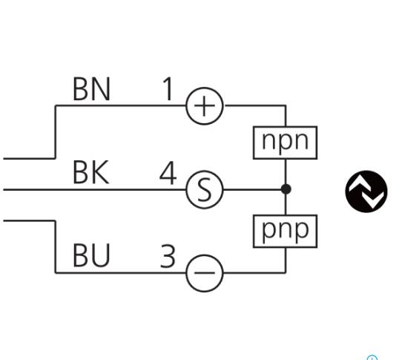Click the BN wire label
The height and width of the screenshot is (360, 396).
coord(91,89)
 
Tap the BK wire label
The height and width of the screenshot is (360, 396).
coord(91,172)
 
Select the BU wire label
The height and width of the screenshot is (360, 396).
coord(91,255)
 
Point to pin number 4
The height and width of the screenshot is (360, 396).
coord(168,173)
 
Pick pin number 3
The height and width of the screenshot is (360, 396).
coord(168,256)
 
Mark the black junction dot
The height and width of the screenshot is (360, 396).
coord(286,189)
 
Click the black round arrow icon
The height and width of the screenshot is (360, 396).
coord(366,192)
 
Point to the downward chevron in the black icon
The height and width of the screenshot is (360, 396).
coord(373,199)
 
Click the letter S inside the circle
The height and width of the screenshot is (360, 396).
coord(205,189)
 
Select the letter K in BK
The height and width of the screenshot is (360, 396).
coord(100,172)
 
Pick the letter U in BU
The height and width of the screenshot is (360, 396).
coord(101,255)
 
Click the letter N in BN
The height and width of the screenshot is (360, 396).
coord(101,89)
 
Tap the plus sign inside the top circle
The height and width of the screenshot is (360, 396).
coord(205,106)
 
